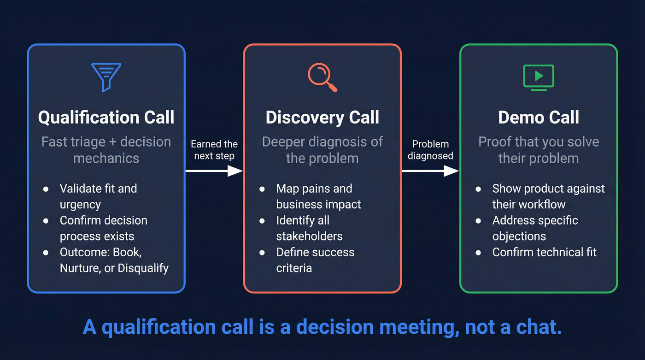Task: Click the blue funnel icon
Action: click(106, 76)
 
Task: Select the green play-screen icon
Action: click(539, 77)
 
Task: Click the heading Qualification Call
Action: click(106, 117)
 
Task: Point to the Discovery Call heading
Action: click(322, 117)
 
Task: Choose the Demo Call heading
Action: click(539, 117)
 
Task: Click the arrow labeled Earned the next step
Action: click(214, 171)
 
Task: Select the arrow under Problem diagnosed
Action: click(430, 171)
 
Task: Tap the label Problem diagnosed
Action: click(430, 150)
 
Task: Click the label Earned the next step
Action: click(214, 150)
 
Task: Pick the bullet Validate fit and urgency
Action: click(98, 196)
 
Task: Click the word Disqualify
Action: click(142, 268)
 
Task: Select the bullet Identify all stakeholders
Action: click(309, 228)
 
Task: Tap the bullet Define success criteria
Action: click(315, 260)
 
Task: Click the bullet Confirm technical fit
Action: click(544, 252)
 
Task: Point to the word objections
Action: click(519, 236)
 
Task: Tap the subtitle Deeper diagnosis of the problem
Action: click(322, 149)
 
